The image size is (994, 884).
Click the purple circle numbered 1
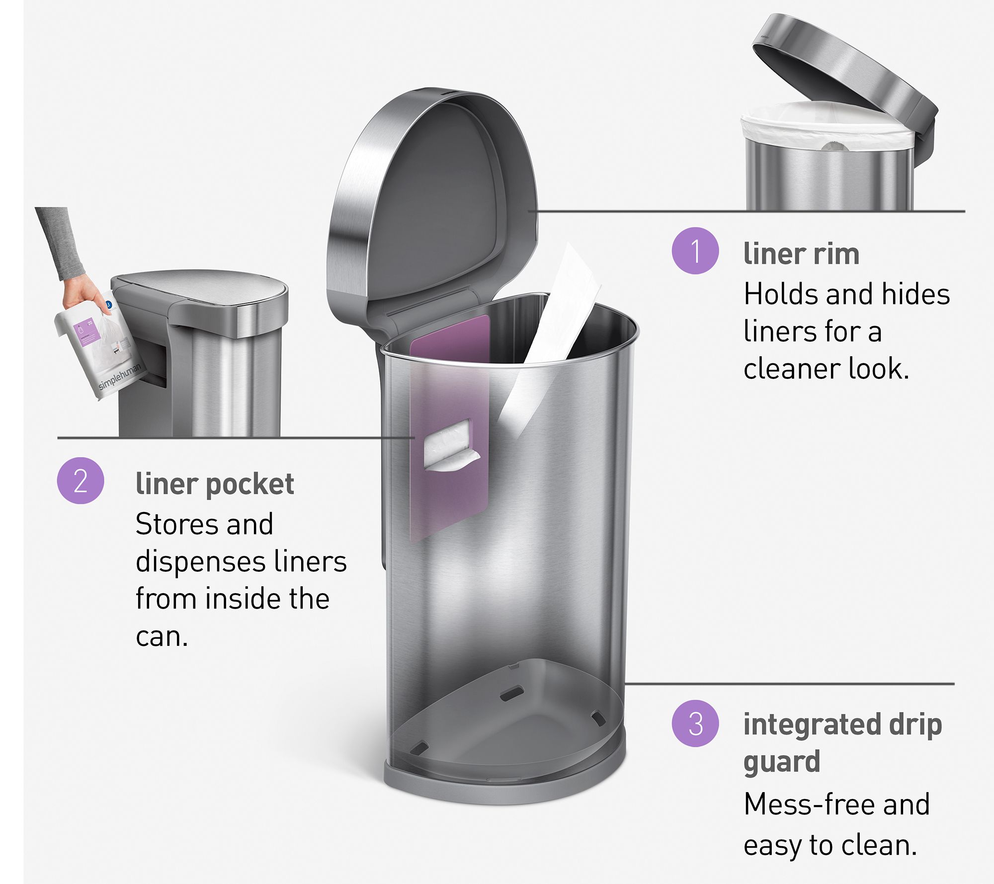695,251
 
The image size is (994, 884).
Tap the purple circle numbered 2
81,481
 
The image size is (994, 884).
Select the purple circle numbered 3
695,723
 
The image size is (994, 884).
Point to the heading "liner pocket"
215,484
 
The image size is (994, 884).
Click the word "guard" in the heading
781,762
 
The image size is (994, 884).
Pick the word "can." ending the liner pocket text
162,637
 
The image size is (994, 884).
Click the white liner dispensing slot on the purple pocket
450,445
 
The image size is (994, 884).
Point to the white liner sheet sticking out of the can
552,328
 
